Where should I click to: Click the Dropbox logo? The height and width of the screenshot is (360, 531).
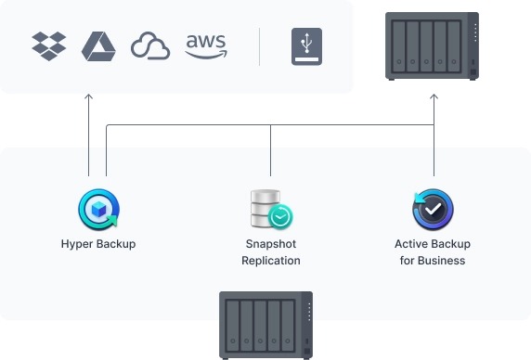49,45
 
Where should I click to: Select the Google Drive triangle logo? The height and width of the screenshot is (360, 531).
97,45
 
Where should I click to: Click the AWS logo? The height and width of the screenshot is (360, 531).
205,45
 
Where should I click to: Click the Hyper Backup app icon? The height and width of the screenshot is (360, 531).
98,210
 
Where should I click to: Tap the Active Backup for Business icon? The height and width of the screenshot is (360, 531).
433,210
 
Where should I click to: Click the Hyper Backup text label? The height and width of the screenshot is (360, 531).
97,244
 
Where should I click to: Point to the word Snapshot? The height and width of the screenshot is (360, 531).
271,244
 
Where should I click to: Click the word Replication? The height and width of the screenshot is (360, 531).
271,261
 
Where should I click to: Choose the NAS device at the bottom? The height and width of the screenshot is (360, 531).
265,325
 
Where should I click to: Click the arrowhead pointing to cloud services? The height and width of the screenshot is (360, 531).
89,96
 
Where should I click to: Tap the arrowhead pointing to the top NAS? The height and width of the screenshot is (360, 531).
434,96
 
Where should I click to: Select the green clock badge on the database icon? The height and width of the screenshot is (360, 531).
280,217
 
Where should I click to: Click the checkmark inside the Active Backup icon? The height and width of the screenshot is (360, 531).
434,211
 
